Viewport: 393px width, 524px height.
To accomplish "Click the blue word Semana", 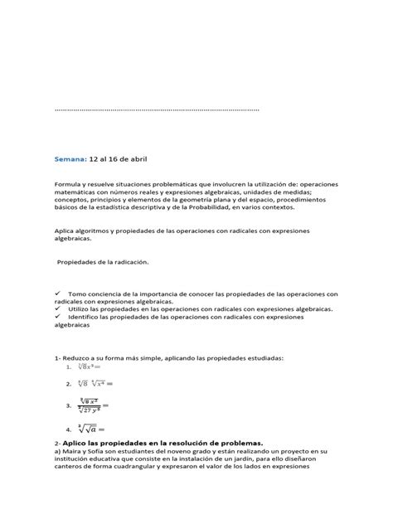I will (69, 157).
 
